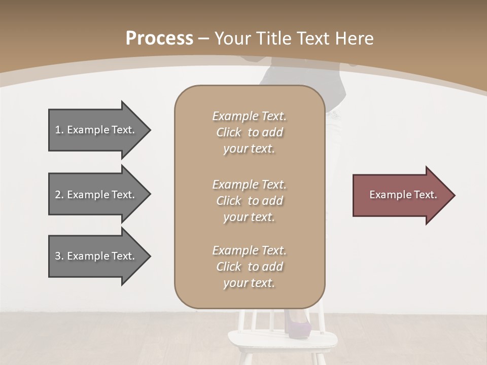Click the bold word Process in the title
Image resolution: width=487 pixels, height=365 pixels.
click(x=159, y=39)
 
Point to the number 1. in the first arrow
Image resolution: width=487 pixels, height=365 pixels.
click(x=59, y=130)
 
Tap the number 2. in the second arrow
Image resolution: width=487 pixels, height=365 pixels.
click(x=59, y=195)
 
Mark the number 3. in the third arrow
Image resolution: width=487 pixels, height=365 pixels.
click(x=59, y=256)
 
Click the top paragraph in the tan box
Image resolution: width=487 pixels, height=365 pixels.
click(x=249, y=132)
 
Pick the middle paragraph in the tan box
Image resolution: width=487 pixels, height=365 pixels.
click(x=249, y=200)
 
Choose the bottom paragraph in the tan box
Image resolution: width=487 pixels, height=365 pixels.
click(x=249, y=266)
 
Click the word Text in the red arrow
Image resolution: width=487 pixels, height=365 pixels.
click(x=426, y=195)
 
